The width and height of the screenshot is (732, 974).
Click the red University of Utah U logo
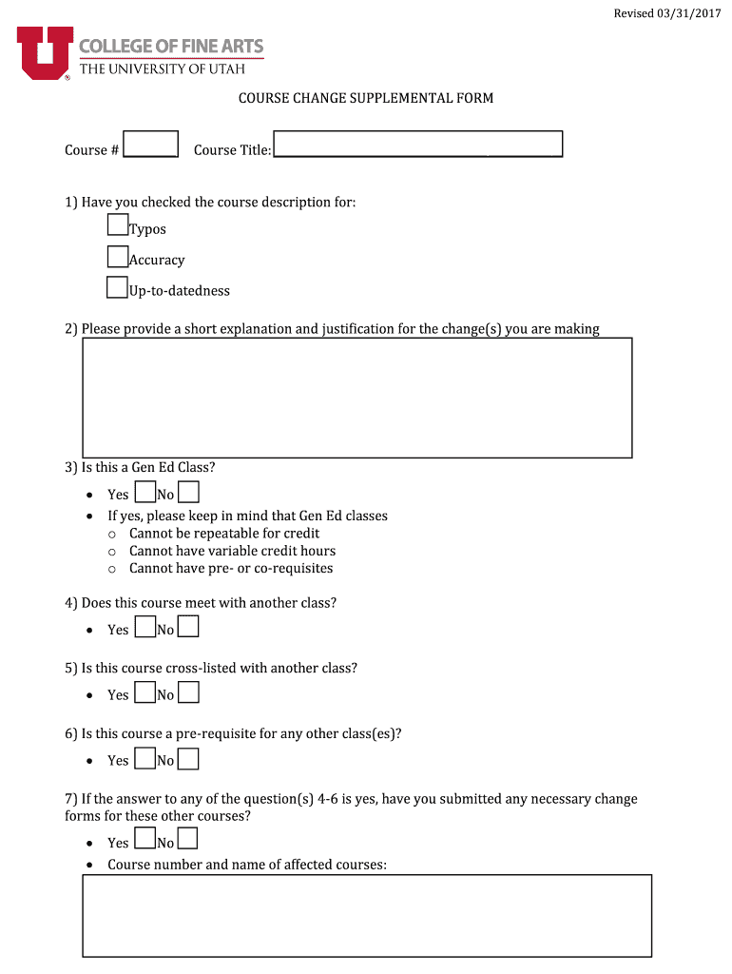point(44,52)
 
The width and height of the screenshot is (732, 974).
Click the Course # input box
point(151,145)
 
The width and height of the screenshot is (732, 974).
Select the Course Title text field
point(417,145)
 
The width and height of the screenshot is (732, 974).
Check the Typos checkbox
point(118,224)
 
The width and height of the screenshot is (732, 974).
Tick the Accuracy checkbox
point(118,256)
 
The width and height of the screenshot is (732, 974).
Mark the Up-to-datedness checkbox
point(118,287)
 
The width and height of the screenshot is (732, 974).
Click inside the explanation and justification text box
point(357,398)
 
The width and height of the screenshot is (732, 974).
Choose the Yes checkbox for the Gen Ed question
point(145,492)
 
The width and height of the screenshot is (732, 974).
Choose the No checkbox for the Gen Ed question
point(188,492)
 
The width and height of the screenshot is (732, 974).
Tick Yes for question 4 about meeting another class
point(145,627)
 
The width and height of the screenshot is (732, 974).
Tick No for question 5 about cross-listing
point(188,692)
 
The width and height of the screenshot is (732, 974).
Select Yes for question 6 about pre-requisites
point(145,758)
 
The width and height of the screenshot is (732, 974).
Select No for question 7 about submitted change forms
point(188,839)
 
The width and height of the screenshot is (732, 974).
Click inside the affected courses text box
point(367,915)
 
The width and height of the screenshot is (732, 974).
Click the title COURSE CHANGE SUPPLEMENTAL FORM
point(365,98)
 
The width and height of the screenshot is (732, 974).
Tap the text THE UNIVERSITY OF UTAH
point(162,68)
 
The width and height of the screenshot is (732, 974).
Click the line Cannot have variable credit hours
point(232,551)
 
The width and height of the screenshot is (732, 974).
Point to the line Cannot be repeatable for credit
point(224,534)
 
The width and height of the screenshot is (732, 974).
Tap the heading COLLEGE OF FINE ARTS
point(171,46)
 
